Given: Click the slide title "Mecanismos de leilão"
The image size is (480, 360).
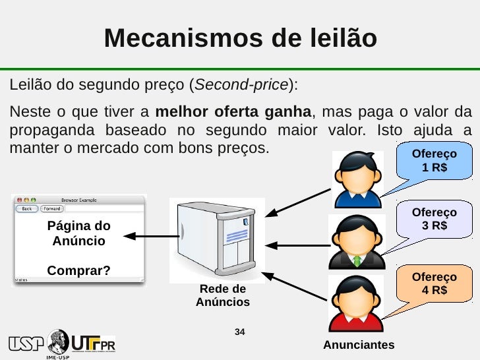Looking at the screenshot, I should pos(240,38).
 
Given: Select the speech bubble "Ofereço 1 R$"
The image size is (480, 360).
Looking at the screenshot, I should pos(434,160).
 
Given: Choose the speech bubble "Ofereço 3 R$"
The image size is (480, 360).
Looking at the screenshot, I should pos(434,219).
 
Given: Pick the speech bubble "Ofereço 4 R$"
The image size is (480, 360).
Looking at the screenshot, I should pos(434,284).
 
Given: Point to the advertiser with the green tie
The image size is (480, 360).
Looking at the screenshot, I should pos(357,241).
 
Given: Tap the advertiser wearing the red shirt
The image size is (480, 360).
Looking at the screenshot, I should pos(357,303).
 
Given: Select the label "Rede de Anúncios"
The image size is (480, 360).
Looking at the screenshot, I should pos(223,296).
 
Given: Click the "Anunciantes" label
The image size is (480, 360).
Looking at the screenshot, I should pos(359,345).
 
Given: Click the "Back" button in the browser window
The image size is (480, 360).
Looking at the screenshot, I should pos(27,208).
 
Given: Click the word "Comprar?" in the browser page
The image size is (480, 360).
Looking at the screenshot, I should pos(78,270).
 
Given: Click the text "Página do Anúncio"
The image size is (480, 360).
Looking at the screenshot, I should pos(78,233).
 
